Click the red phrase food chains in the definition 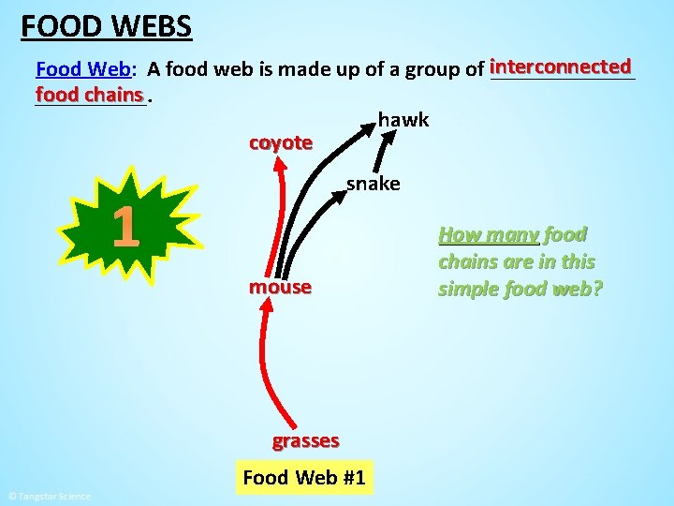click(x=90, y=95)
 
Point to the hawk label click(x=403, y=119)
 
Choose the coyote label click(x=280, y=142)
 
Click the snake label click(x=373, y=184)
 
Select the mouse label click(x=280, y=287)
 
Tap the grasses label click(x=305, y=440)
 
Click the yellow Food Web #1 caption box click(x=303, y=477)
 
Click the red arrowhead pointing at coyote click(x=279, y=168)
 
